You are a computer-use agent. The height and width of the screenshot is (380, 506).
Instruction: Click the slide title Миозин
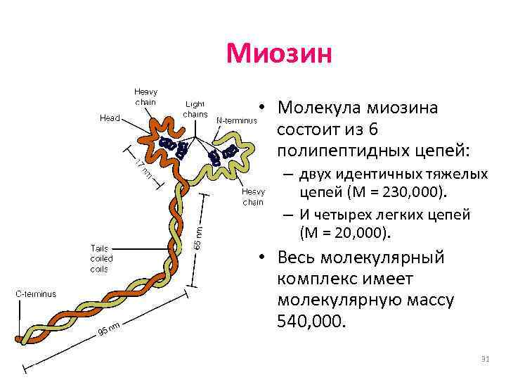pos(278,53)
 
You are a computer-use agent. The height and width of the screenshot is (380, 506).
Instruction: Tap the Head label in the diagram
pos(109,118)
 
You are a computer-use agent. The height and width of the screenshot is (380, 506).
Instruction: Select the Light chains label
pos(195,108)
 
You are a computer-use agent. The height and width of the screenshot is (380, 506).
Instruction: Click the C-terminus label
pos(37,293)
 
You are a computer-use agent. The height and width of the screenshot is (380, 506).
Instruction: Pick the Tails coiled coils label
pos(102,258)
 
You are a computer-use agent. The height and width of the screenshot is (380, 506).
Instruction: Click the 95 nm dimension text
pos(110,328)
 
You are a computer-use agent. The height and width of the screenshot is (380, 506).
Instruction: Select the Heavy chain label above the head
pos(145,96)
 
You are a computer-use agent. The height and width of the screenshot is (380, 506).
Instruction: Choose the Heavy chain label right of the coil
pos(252,196)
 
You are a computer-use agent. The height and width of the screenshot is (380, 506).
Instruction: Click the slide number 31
pos(484,360)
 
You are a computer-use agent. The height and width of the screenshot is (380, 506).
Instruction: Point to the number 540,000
pos(311,322)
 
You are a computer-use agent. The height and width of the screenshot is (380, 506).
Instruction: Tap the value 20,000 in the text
pos(351,232)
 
